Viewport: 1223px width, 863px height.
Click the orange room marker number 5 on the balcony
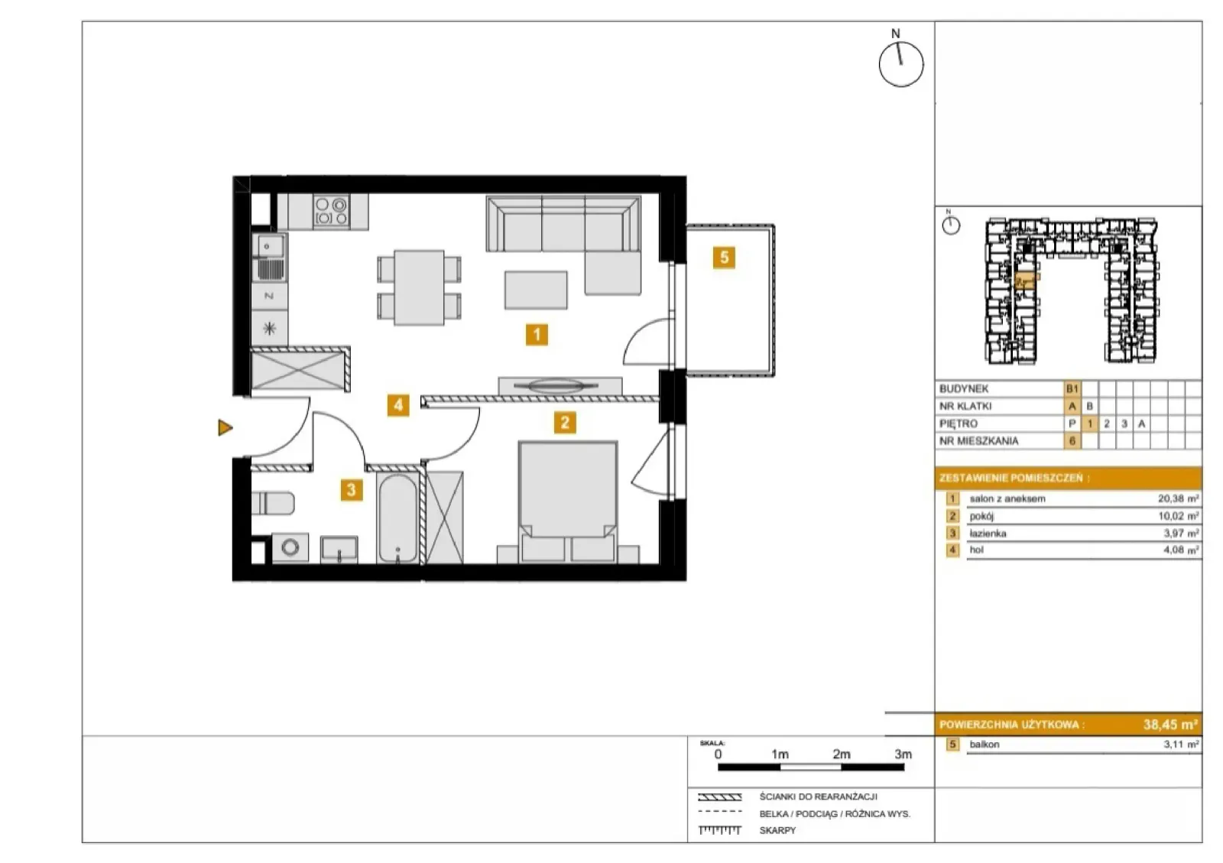pos(723,257)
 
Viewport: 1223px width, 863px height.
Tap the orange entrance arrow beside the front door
pos(225,427)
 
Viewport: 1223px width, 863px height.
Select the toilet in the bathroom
pos(273,503)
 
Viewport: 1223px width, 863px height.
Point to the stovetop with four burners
pos(332,212)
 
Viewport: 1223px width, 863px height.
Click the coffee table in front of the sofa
pos(536,290)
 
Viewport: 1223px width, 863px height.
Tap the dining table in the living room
pos(419,287)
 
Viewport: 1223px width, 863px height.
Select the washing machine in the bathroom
pos(290,547)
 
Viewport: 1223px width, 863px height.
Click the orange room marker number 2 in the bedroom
pos(565,422)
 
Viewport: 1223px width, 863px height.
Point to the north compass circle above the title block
pos(901,64)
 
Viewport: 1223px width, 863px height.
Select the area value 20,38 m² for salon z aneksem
pos(1178,498)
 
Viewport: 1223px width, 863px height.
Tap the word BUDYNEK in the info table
pos(964,388)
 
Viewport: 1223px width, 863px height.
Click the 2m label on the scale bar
pos(842,754)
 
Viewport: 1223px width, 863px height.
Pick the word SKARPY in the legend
pos(777,830)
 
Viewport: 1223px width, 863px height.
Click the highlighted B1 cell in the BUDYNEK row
pos(1072,388)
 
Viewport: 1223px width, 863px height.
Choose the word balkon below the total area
pos(985,744)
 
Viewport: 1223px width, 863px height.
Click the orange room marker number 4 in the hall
pos(398,405)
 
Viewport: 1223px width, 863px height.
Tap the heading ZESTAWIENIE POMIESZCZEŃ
pos(1014,479)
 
